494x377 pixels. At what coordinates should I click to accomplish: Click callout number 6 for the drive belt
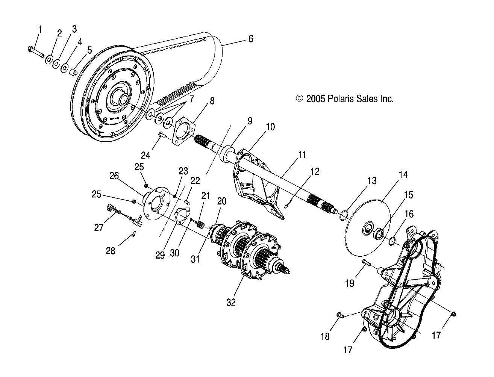pyautogui.click(x=251, y=39)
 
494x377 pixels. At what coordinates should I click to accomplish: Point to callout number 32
pyautogui.click(x=231, y=302)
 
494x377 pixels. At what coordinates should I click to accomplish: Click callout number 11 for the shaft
pyautogui.click(x=302, y=155)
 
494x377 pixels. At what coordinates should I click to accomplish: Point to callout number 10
pyautogui.click(x=270, y=127)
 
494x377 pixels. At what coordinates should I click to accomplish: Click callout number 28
pyautogui.click(x=111, y=251)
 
